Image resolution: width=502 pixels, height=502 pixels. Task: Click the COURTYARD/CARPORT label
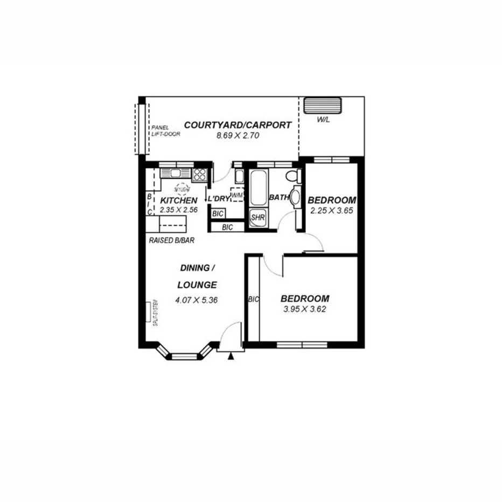[x=238, y=125]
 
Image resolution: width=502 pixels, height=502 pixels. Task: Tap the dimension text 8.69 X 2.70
[x=238, y=136]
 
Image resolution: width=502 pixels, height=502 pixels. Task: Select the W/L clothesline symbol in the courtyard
[x=323, y=106]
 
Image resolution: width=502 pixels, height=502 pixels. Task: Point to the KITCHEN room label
[x=175, y=200]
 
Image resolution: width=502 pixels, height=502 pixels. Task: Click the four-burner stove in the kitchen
[x=199, y=173]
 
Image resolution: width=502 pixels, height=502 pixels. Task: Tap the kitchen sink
[x=176, y=173]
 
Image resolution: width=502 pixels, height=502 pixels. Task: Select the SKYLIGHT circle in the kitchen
[x=182, y=189]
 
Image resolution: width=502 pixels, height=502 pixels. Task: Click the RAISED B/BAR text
[x=170, y=241]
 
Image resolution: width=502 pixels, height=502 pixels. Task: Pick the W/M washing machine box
[x=236, y=194]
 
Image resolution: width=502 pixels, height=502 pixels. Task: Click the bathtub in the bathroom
[x=257, y=187]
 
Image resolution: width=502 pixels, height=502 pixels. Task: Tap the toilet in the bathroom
[x=291, y=176]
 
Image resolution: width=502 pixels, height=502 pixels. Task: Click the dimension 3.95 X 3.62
[x=305, y=309]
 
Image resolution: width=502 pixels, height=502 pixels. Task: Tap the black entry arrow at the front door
[x=232, y=356]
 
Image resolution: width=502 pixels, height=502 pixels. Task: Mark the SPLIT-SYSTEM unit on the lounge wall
[x=149, y=312]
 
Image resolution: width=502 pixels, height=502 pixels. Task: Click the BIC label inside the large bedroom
[x=253, y=298]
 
